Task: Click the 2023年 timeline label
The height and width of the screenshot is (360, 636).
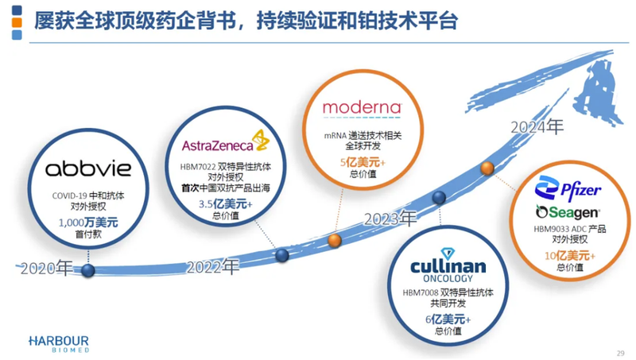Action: (390, 218)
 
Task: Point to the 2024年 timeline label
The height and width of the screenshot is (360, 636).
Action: (537, 126)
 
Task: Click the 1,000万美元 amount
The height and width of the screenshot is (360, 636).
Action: (88, 223)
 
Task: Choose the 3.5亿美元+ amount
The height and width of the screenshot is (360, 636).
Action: (225, 204)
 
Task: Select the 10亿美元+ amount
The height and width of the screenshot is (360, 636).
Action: (567, 255)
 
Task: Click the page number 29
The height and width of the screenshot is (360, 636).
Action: (620, 354)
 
